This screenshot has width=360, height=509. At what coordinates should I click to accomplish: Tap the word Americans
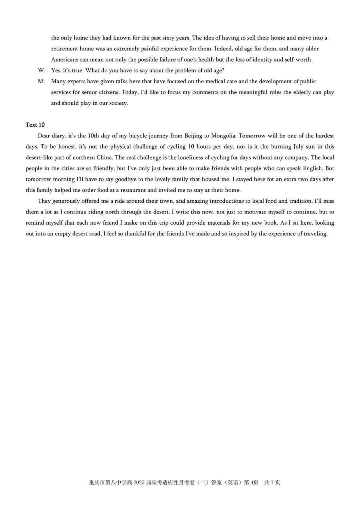[x=64, y=60]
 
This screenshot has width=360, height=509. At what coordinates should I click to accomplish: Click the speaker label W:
[x=42, y=70]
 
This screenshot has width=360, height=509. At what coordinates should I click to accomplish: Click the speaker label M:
[x=42, y=81]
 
